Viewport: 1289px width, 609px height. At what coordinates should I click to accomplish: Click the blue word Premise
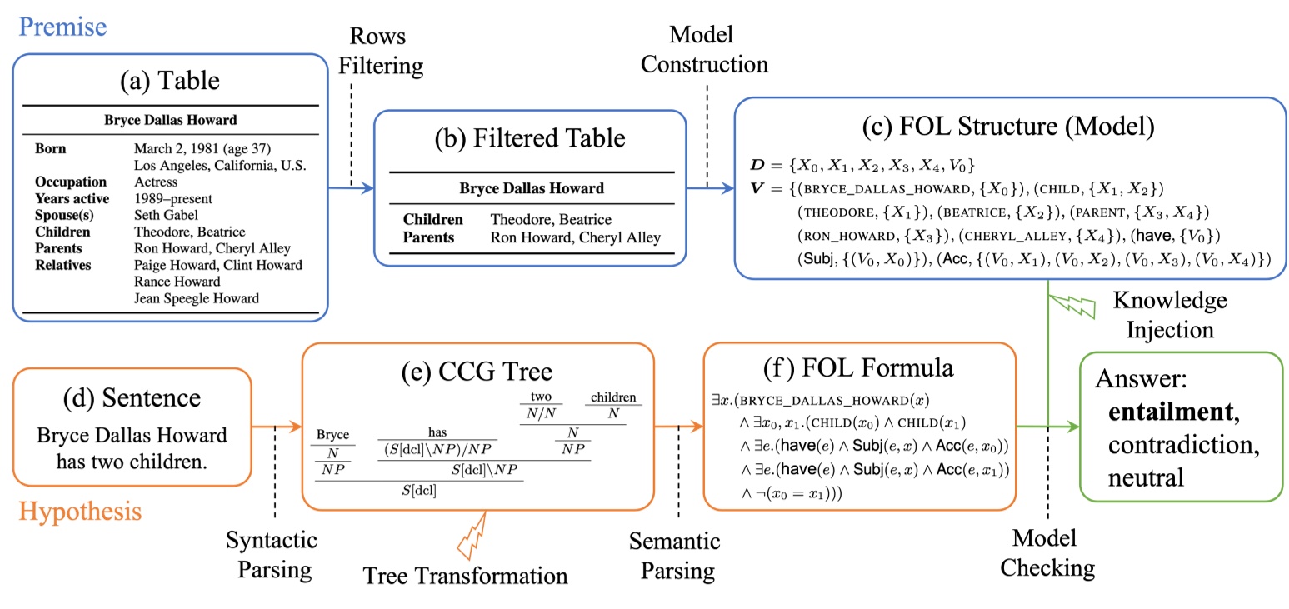62,27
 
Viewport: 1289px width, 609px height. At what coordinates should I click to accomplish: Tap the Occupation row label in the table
71,182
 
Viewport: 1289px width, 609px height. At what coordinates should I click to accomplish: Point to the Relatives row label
63,265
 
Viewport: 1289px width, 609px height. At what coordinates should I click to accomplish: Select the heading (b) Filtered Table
531,139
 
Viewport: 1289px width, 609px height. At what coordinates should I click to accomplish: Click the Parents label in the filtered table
428,237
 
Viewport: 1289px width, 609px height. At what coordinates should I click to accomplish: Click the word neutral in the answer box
1146,477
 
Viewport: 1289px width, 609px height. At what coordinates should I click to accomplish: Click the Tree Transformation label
465,576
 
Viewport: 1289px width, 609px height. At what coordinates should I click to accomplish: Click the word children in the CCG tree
614,398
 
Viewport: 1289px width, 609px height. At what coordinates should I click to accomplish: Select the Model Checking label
1047,552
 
